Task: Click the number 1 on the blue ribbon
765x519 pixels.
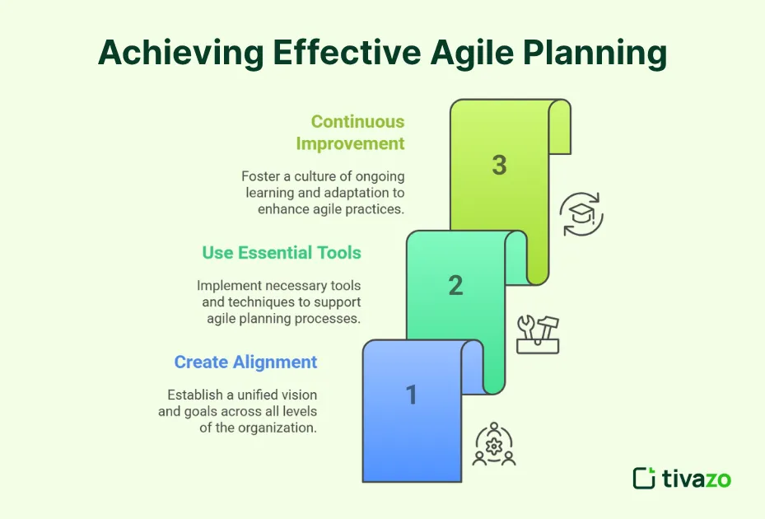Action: point(412,395)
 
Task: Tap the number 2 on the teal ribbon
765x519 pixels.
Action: point(455,286)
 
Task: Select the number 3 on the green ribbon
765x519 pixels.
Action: point(499,165)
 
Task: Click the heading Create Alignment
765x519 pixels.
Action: point(245,362)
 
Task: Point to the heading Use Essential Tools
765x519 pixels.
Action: point(282,253)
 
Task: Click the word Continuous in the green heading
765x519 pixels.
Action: point(357,122)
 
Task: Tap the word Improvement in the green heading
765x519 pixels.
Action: point(350,143)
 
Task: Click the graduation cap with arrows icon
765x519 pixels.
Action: point(581,215)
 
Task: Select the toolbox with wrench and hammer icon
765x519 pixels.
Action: point(538,334)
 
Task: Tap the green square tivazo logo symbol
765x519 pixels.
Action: point(644,478)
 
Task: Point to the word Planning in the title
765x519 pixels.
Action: point(601,53)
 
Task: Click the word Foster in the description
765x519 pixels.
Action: point(260,176)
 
